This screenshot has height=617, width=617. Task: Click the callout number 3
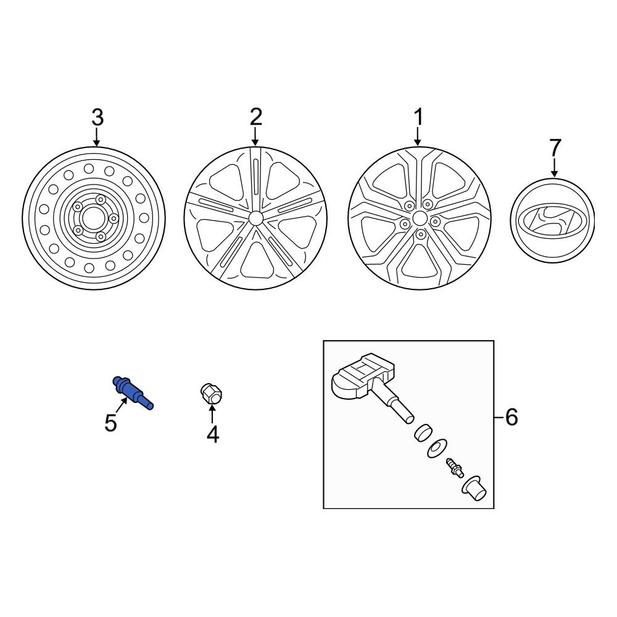[x=97, y=117]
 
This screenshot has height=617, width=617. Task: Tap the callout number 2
[x=256, y=116]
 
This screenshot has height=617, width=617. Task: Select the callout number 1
[x=418, y=117]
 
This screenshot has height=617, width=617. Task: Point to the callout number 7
[x=555, y=147]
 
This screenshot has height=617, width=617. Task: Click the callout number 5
[x=110, y=424]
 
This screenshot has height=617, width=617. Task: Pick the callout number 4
[x=212, y=435]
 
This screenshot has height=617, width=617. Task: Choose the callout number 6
[x=511, y=418]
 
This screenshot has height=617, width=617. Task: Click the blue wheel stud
[x=132, y=393]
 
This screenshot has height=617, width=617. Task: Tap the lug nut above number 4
[x=212, y=394]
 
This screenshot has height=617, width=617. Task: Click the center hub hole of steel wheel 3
[x=94, y=218]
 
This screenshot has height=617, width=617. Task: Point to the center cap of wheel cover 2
[x=255, y=218]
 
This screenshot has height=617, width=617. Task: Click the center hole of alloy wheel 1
[x=419, y=218]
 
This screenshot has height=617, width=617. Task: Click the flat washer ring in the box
[x=437, y=449]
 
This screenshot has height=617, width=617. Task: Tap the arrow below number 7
[x=554, y=167]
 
